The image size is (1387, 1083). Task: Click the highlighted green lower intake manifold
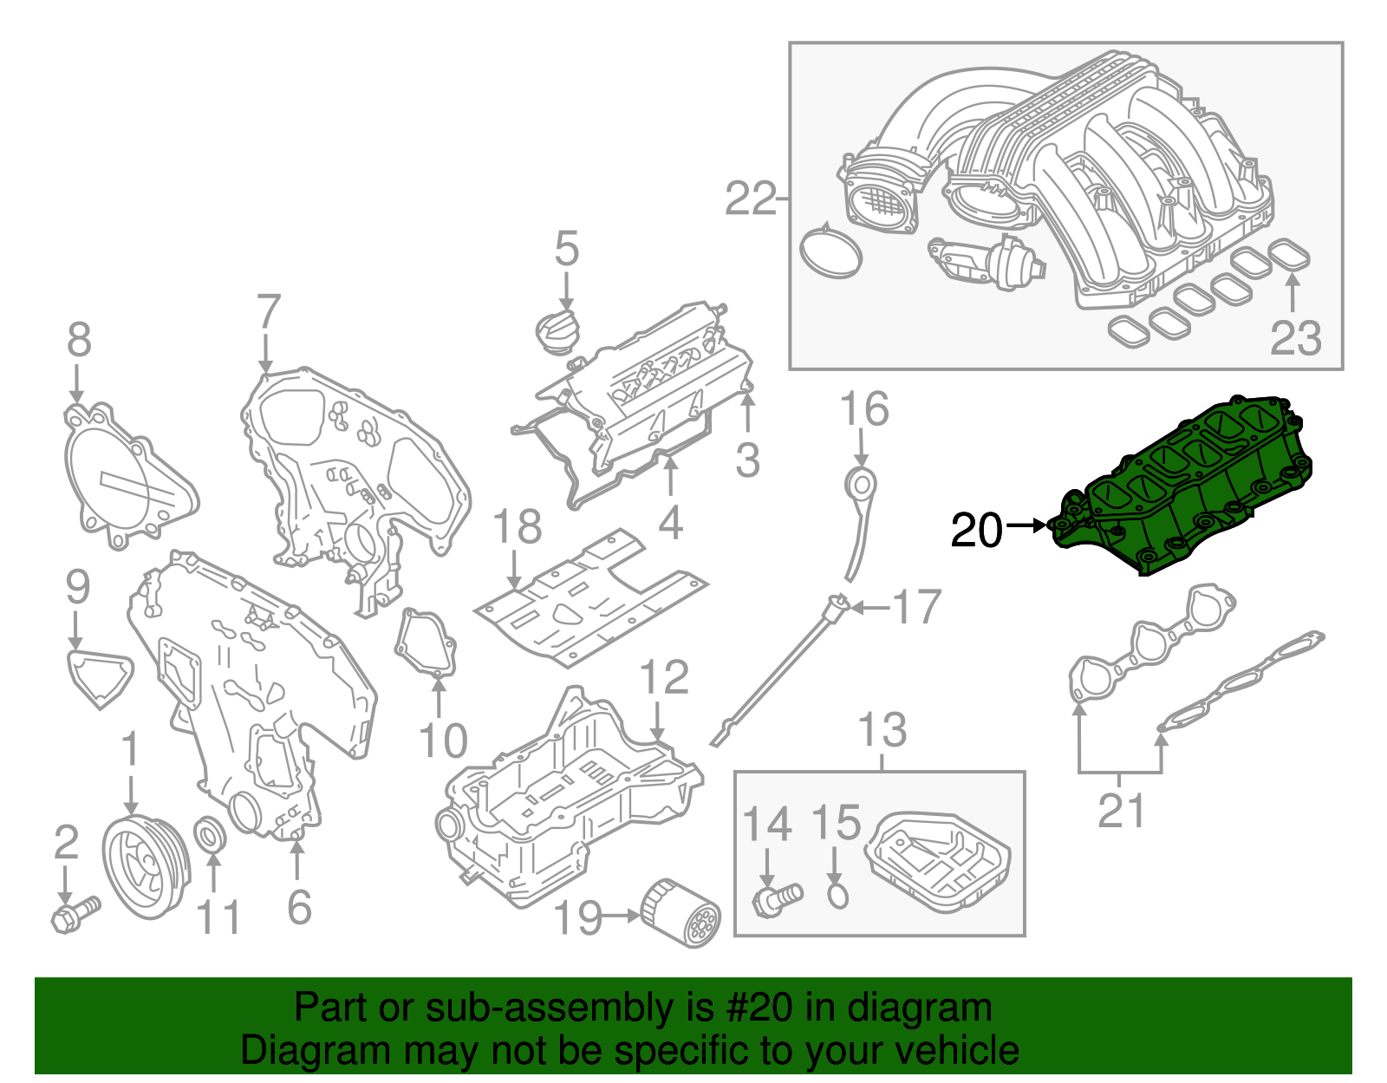pyautogui.click(x=1188, y=486)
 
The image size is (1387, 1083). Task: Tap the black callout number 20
pyautogui.click(x=976, y=531)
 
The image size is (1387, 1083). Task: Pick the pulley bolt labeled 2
pyautogui.click(x=75, y=914)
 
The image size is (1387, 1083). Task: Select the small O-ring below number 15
pyautogui.click(x=837, y=895)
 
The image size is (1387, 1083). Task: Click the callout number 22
pyautogui.click(x=750, y=200)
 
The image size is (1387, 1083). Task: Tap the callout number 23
pyautogui.click(x=1295, y=338)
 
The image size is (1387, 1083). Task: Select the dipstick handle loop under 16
pyautogui.click(x=861, y=484)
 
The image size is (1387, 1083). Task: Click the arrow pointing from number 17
pyautogui.click(x=870, y=608)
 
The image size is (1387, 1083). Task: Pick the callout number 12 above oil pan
pyautogui.click(x=664, y=678)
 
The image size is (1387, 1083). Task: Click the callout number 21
pyautogui.click(x=1121, y=812)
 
